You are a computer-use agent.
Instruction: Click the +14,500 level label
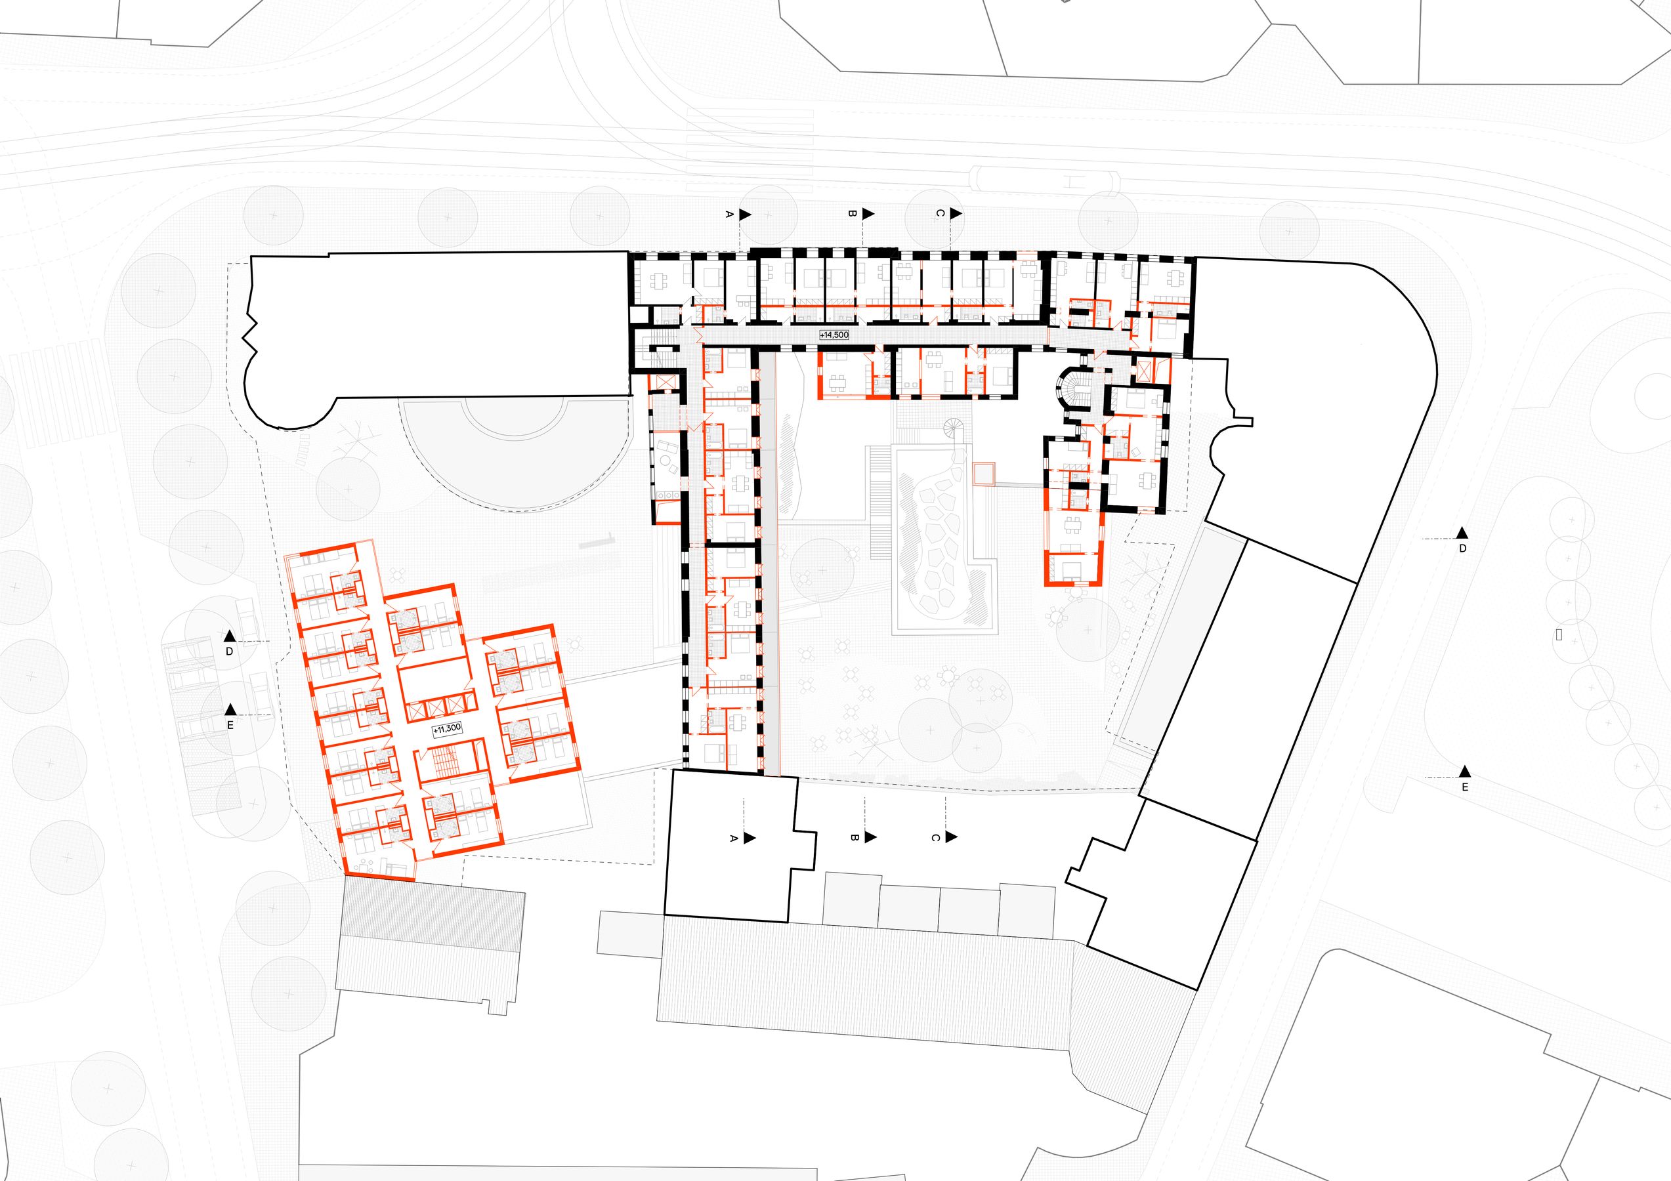coord(834,335)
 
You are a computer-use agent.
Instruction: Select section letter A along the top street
coord(729,215)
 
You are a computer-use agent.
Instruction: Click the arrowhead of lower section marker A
coord(750,839)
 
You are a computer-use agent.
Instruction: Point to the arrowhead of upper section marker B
coord(868,214)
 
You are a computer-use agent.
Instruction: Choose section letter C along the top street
coord(940,213)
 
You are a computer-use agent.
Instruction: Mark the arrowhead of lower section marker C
coord(951,838)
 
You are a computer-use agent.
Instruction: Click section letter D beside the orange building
coord(229,652)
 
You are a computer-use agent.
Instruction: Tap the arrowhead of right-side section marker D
coord(1462,533)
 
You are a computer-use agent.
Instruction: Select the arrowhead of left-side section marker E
coord(230,709)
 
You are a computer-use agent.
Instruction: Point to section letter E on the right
coord(1465,787)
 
